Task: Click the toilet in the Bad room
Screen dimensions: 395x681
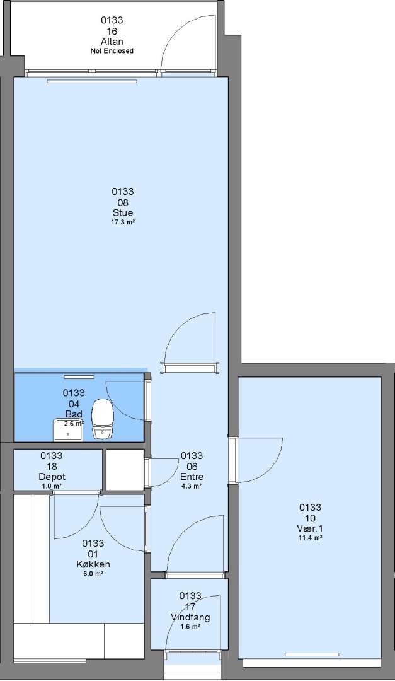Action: point(103,419)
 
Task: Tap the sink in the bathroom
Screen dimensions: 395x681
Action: point(68,431)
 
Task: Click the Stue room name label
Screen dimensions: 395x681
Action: point(123,213)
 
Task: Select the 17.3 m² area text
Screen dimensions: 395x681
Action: point(123,222)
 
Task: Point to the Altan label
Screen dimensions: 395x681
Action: point(112,42)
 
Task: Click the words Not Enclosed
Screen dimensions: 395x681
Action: point(112,51)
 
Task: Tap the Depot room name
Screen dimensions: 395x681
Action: point(52,477)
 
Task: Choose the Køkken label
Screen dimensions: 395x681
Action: point(93,564)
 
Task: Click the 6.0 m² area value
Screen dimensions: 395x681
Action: point(93,574)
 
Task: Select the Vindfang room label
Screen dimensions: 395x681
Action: point(190,617)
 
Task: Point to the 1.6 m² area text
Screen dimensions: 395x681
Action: point(190,627)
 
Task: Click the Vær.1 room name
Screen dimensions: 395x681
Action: point(310,528)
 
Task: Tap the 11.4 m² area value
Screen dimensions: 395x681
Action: point(310,538)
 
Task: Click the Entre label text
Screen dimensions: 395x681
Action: point(192,477)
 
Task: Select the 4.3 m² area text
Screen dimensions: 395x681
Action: point(192,486)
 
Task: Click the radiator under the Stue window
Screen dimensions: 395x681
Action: point(92,81)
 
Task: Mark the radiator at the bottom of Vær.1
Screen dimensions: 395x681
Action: point(312,655)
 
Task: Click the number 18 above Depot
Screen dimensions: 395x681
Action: point(52,467)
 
